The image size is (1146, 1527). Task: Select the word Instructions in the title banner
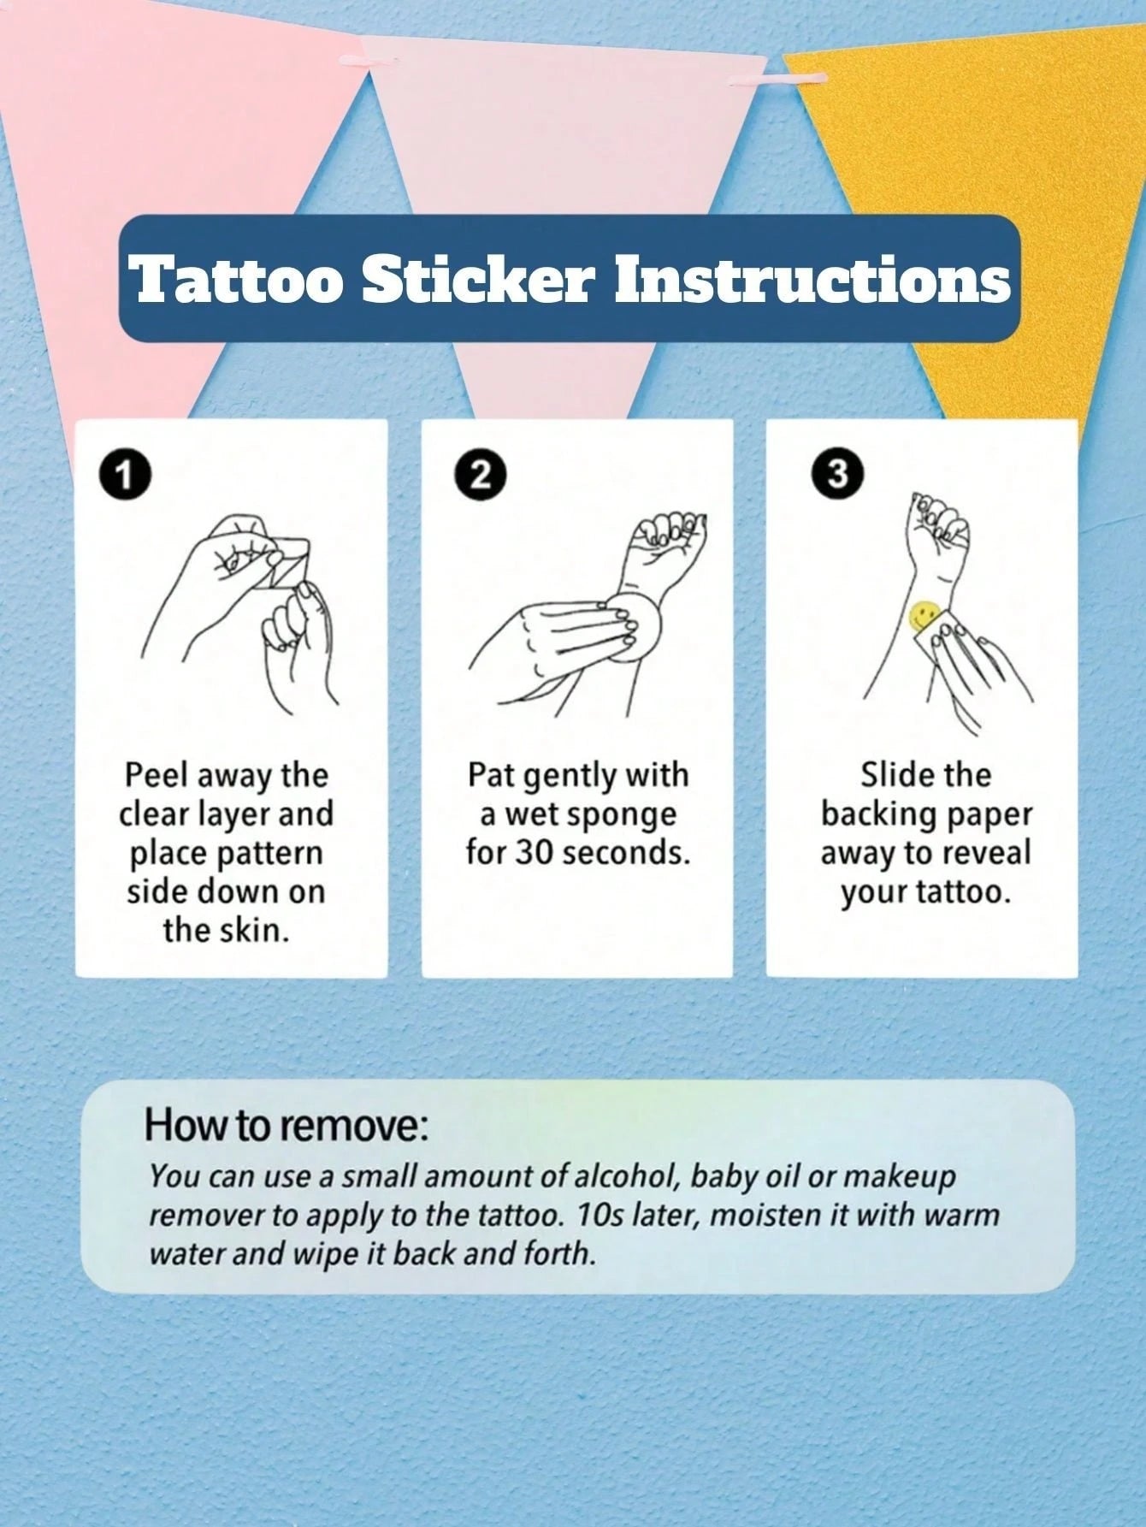(x=812, y=279)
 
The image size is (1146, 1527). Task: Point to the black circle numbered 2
(x=482, y=475)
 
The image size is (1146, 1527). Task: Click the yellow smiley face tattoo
(x=922, y=614)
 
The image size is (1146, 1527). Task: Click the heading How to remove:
(x=285, y=1125)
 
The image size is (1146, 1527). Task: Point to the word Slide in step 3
(x=891, y=775)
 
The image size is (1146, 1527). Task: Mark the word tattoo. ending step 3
(x=964, y=892)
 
